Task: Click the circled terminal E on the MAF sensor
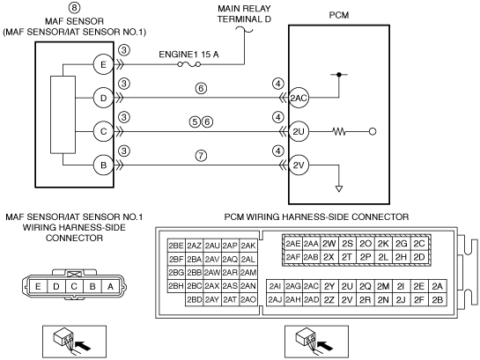click(x=103, y=64)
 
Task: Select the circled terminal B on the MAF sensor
click(x=103, y=165)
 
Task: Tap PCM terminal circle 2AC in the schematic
click(x=299, y=99)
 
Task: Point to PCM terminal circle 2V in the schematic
click(x=299, y=165)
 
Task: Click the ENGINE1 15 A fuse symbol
click(x=189, y=64)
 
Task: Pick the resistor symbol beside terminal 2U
click(x=339, y=132)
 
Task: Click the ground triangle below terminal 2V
click(x=339, y=189)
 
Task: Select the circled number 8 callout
click(x=74, y=7)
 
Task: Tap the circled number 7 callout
click(x=201, y=156)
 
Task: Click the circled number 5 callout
click(x=195, y=122)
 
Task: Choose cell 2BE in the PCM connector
click(x=176, y=246)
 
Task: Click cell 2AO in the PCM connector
click(x=248, y=299)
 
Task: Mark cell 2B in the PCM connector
click(x=438, y=300)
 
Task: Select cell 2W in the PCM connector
click(x=329, y=244)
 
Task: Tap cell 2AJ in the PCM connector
click(x=275, y=300)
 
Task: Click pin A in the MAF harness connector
click(x=110, y=287)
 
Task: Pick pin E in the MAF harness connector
click(x=38, y=287)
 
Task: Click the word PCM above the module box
click(x=339, y=15)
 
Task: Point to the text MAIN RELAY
click(x=244, y=8)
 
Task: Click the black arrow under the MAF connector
click(x=83, y=346)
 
